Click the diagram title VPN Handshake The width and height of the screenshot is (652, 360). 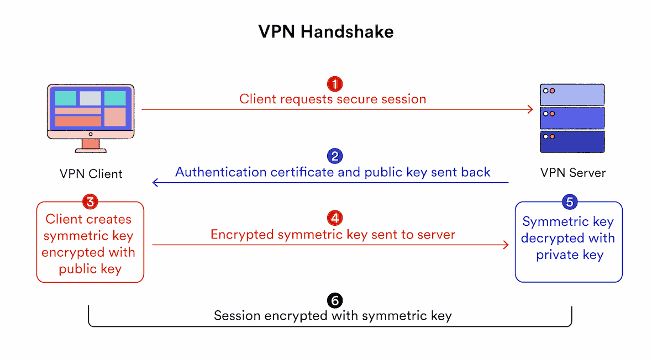point(326,32)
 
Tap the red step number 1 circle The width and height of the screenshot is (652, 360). point(334,84)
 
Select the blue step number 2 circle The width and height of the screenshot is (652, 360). point(334,156)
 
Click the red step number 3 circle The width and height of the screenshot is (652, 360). point(90,202)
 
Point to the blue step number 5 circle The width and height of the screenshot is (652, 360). point(569,202)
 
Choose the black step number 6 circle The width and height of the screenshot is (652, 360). point(334,300)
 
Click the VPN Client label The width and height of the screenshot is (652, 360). point(91,173)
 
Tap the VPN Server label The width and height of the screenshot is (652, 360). point(572,173)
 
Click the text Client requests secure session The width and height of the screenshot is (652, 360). point(333,99)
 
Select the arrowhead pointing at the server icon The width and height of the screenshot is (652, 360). point(530,109)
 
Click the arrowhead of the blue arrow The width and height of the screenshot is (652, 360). point(155,182)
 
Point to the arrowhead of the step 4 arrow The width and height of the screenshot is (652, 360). point(506,245)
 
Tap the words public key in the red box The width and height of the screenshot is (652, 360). point(90,269)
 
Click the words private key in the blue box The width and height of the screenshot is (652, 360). point(569,255)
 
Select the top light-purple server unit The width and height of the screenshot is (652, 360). point(572,94)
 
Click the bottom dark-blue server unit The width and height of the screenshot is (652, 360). point(572,141)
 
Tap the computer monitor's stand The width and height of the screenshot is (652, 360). point(91,145)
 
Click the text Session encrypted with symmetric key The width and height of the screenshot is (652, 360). point(333,316)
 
